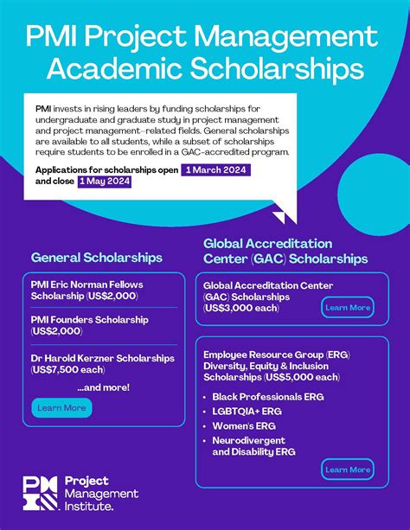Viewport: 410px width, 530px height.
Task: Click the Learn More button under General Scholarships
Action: point(61,408)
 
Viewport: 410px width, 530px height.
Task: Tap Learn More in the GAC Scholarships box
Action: point(348,307)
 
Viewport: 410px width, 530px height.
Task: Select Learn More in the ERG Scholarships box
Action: point(348,469)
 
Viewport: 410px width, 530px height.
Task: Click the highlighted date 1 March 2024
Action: point(216,170)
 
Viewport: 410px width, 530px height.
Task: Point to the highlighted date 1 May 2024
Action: point(105,182)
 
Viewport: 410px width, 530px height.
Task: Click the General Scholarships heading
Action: point(97,258)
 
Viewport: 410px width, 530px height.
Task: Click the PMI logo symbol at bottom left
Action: point(41,493)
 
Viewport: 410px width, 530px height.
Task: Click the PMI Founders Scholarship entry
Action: point(89,319)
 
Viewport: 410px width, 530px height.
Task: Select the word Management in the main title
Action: point(292,37)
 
